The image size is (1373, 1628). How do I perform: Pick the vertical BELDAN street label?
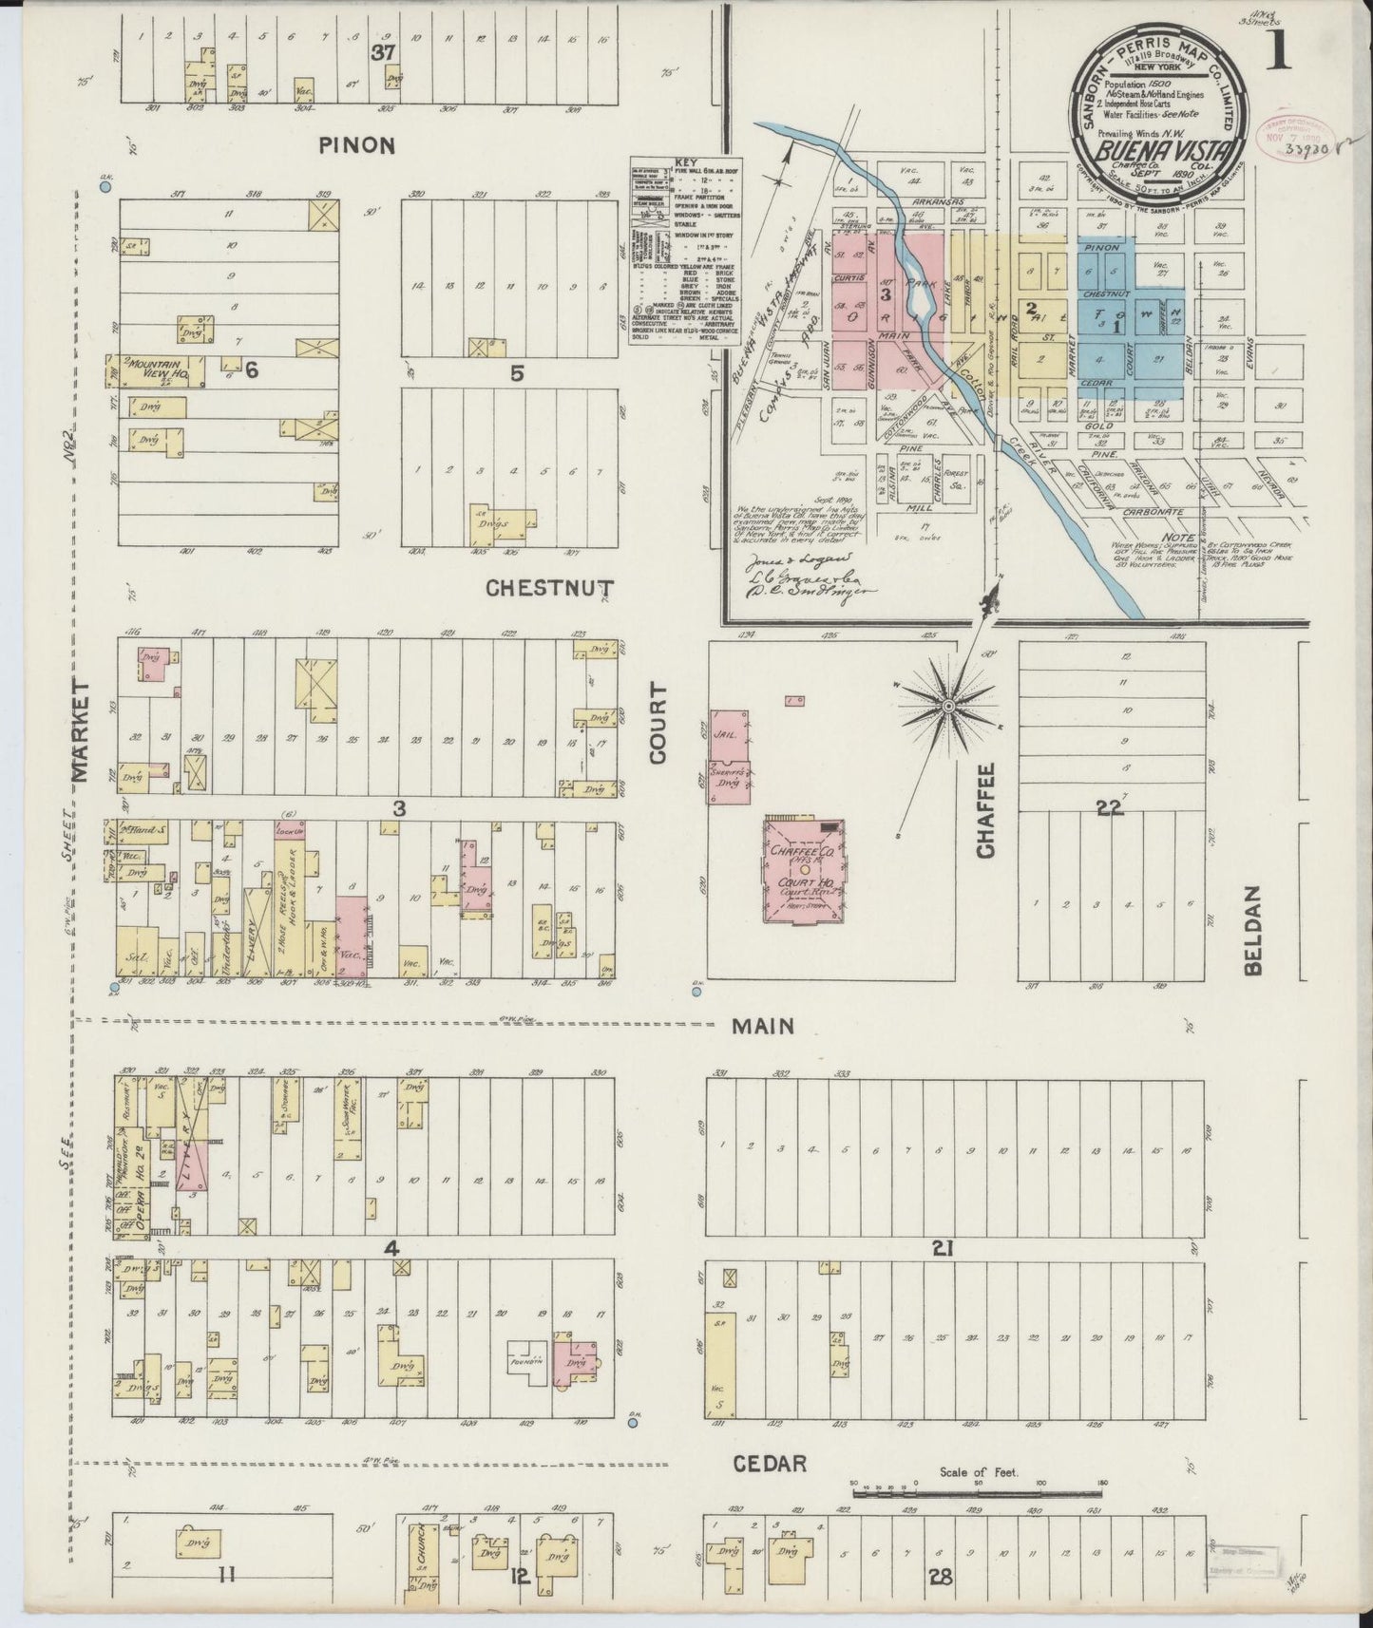click(x=1251, y=931)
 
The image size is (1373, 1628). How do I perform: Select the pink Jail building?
click(x=728, y=735)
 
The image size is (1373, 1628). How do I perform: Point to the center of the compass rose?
click(x=947, y=706)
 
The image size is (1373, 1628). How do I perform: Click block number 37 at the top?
click(x=383, y=54)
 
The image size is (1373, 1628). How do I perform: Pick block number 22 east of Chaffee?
click(x=1108, y=808)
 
